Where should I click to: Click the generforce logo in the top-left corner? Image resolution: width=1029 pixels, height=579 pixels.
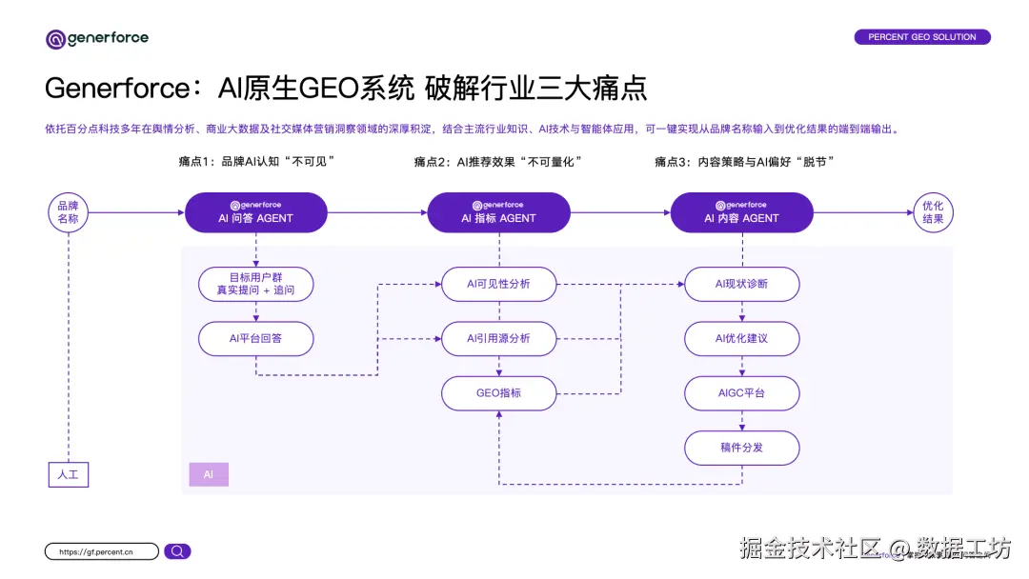(97, 39)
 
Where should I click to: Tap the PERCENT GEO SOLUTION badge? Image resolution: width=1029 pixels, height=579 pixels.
(921, 37)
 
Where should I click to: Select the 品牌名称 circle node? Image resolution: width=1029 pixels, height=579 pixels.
(69, 212)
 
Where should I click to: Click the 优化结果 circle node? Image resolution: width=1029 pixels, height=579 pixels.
(933, 212)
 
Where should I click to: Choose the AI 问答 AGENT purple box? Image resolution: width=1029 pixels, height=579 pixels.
(255, 212)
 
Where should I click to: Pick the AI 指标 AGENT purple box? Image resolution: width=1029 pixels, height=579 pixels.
(498, 212)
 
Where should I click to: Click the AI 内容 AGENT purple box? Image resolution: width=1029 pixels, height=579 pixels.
(741, 212)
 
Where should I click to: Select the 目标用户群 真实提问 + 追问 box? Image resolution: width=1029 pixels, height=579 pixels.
(255, 284)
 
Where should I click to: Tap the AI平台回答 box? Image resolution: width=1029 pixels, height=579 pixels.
(255, 338)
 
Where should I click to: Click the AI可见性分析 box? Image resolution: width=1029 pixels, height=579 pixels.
(498, 284)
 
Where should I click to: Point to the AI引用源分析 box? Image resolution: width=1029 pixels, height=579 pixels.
(498, 338)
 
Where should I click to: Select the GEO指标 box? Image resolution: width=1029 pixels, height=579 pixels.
(498, 393)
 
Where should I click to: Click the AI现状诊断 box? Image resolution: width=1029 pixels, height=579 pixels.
(741, 284)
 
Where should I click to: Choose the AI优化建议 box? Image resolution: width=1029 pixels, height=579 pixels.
(741, 338)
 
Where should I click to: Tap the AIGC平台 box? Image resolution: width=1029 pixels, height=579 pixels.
(741, 393)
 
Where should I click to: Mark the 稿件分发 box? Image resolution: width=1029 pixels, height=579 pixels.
(741, 448)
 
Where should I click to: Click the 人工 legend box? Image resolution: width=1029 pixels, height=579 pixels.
(69, 473)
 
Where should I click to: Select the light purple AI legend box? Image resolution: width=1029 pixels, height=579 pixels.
(209, 474)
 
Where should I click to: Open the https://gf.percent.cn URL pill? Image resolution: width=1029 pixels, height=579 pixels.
(101, 551)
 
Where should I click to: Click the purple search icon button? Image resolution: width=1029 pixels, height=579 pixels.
(177, 551)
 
